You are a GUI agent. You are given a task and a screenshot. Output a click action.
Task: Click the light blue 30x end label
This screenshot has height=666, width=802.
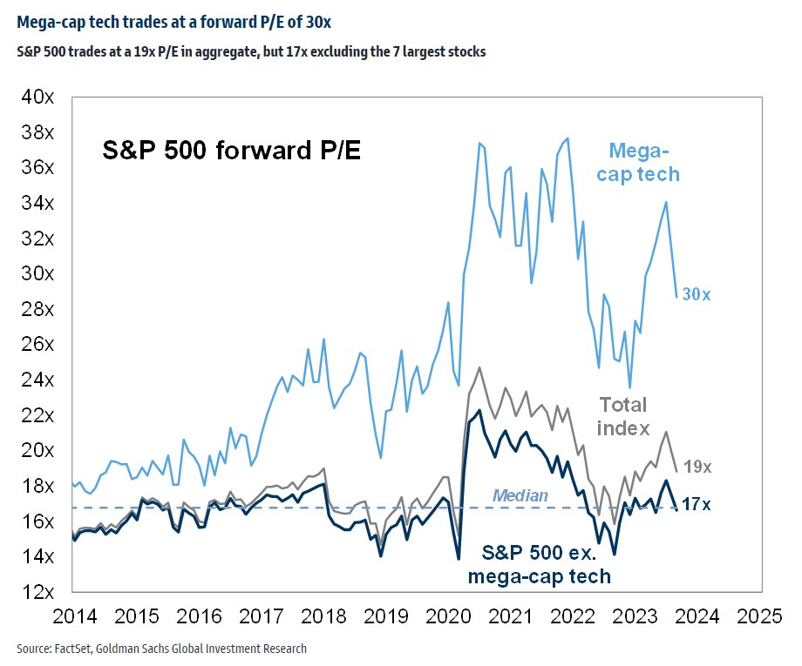pyautogui.click(x=696, y=295)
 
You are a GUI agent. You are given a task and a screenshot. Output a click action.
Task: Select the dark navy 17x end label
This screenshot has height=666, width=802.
pyautogui.click(x=696, y=503)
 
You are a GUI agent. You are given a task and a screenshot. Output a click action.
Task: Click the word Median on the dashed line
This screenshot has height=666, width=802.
pyautogui.click(x=520, y=496)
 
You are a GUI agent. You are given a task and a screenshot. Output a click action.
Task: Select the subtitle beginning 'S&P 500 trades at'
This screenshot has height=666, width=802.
pyautogui.click(x=251, y=52)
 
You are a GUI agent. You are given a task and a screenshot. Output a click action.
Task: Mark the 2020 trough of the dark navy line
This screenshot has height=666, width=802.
pyautogui.click(x=458, y=558)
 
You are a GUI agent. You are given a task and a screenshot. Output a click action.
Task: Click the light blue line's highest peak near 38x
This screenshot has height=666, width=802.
pyautogui.click(x=568, y=138)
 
